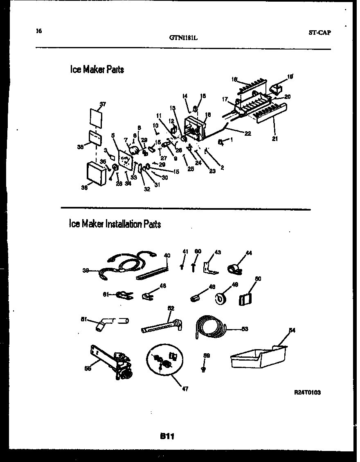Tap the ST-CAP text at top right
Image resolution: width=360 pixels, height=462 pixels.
tap(319, 33)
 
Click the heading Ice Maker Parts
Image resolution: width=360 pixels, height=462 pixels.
tap(97, 70)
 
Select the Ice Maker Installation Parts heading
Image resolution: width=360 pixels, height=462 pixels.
tap(115, 224)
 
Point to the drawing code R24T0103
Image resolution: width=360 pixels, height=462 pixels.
tap(307, 392)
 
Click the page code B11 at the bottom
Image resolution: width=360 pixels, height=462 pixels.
tap(167, 437)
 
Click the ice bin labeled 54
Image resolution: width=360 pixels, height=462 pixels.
tap(258, 358)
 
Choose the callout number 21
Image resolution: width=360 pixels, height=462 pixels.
tap(274, 139)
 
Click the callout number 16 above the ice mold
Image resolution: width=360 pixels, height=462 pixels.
tap(234, 80)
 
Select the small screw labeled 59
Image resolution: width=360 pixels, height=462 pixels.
tap(203, 368)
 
